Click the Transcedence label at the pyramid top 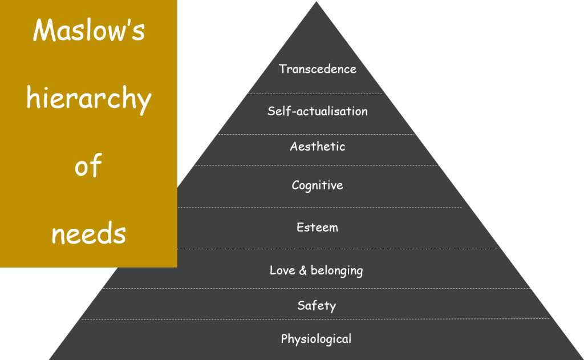click(317, 69)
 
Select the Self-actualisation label click(317, 111)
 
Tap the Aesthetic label click(317, 147)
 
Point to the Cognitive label click(317, 185)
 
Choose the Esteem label click(317, 228)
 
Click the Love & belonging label click(316, 270)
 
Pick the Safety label click(317, 305)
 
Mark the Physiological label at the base click(316, 339)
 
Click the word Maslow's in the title click(89, 31)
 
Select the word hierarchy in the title click(89, 100)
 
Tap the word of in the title click(88, 167)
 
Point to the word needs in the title click(88, 233)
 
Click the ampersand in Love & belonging click(303, 270)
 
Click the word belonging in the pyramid click(336, 271)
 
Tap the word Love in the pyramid click(282, 270)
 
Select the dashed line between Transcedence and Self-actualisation click(317, 94)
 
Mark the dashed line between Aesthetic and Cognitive click(317, 165)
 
